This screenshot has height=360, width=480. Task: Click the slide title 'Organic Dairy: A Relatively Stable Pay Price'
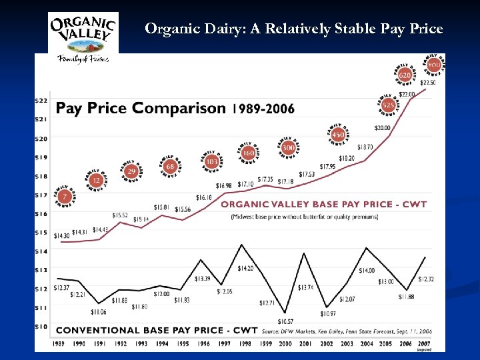pos(293,29)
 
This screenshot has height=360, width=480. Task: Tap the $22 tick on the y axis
pos(41,100)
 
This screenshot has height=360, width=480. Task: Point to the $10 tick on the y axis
pos(41,326)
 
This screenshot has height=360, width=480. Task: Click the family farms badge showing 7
pos(65,196)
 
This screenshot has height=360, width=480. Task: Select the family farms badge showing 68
pos(171,166)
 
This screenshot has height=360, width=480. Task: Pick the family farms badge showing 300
pos(288,147)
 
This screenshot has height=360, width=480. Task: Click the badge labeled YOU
pos(434,65)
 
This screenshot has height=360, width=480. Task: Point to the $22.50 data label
pos(428,83)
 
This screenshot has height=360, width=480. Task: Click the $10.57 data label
pos(285,321)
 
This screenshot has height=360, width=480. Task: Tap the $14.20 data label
pos(245,268)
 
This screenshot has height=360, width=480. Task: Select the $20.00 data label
pos(383,127)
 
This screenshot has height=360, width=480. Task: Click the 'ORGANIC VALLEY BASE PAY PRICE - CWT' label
pos(323,204)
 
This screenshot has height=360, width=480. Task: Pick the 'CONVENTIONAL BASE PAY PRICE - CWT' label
pos(157,330)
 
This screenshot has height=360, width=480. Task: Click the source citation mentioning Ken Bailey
pos(347,331)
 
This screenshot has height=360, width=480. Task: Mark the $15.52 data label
pos(120,215)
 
